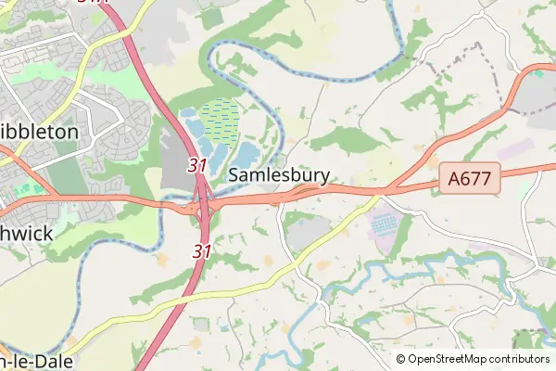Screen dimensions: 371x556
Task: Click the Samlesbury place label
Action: [x=278, y=174]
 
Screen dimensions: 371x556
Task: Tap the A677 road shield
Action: [x=470, y=177]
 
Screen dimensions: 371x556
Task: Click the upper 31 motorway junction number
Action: [x=196, y=165]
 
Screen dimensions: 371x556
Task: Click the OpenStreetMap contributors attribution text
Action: [x=479, y=359]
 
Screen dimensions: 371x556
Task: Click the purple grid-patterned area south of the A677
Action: [x=383, y=224]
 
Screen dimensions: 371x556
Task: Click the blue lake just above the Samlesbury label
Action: [x=248, y=152]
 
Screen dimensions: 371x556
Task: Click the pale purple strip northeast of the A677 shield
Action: [x=516, y=148]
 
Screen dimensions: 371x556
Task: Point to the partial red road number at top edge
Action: [x=92, y=3]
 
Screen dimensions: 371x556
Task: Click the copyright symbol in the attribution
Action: [x=401, y=359]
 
